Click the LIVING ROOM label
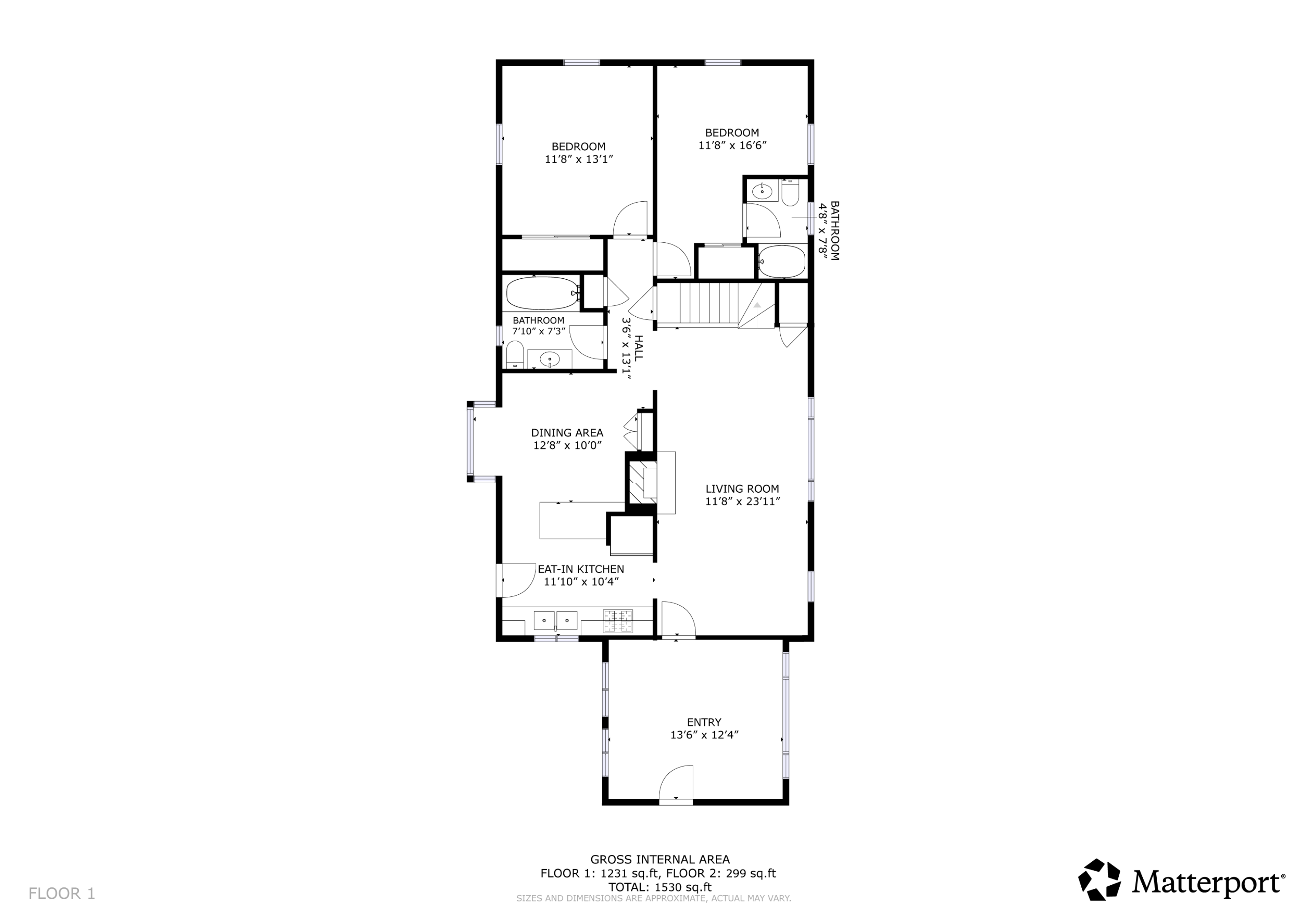(x=742, y=488)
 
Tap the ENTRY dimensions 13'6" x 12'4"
(x=704, y=735)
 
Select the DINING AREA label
(x=567, y=433)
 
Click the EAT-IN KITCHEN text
(x=581, y=569)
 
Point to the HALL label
(x=638, y=347)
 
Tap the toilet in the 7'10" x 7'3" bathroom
(x=515, y=355)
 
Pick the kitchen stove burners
(x=618, y=621)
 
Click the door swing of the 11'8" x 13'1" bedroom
(x=631, y=219)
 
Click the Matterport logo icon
(x=1099, y=880)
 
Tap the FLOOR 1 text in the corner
(x=61, y=893)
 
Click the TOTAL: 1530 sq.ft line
(x=659, y=887)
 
